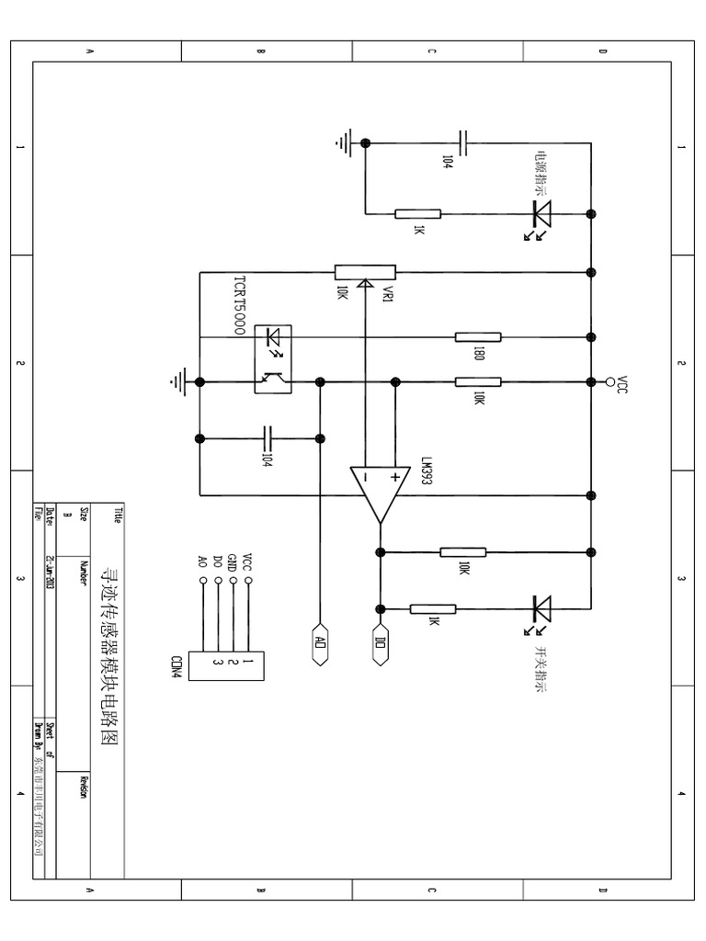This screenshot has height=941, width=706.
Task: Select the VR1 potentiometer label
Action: coord(387,295)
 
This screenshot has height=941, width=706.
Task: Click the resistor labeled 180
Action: coord(478,336)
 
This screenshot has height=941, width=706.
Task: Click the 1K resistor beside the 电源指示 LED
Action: coord(418,213)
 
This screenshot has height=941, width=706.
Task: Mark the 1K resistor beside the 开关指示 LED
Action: coord(433,607)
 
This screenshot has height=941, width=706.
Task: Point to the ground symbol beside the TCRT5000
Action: coord(176,380)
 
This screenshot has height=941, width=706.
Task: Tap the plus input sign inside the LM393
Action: coord(395,477)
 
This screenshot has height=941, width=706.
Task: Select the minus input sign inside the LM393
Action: coord(365,478)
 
